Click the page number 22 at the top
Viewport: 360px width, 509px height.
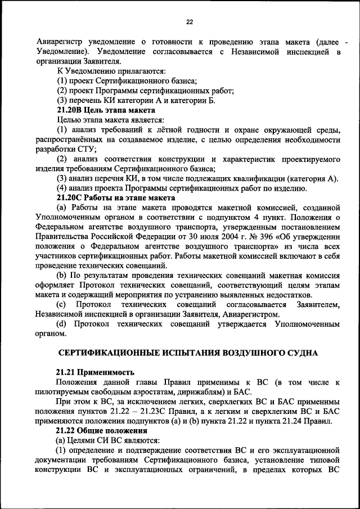point(189,22)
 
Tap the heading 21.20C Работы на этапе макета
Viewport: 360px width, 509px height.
point(116,198)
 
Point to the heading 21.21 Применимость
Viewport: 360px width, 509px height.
point(96,372)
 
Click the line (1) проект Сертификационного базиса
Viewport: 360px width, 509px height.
point(127,82)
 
